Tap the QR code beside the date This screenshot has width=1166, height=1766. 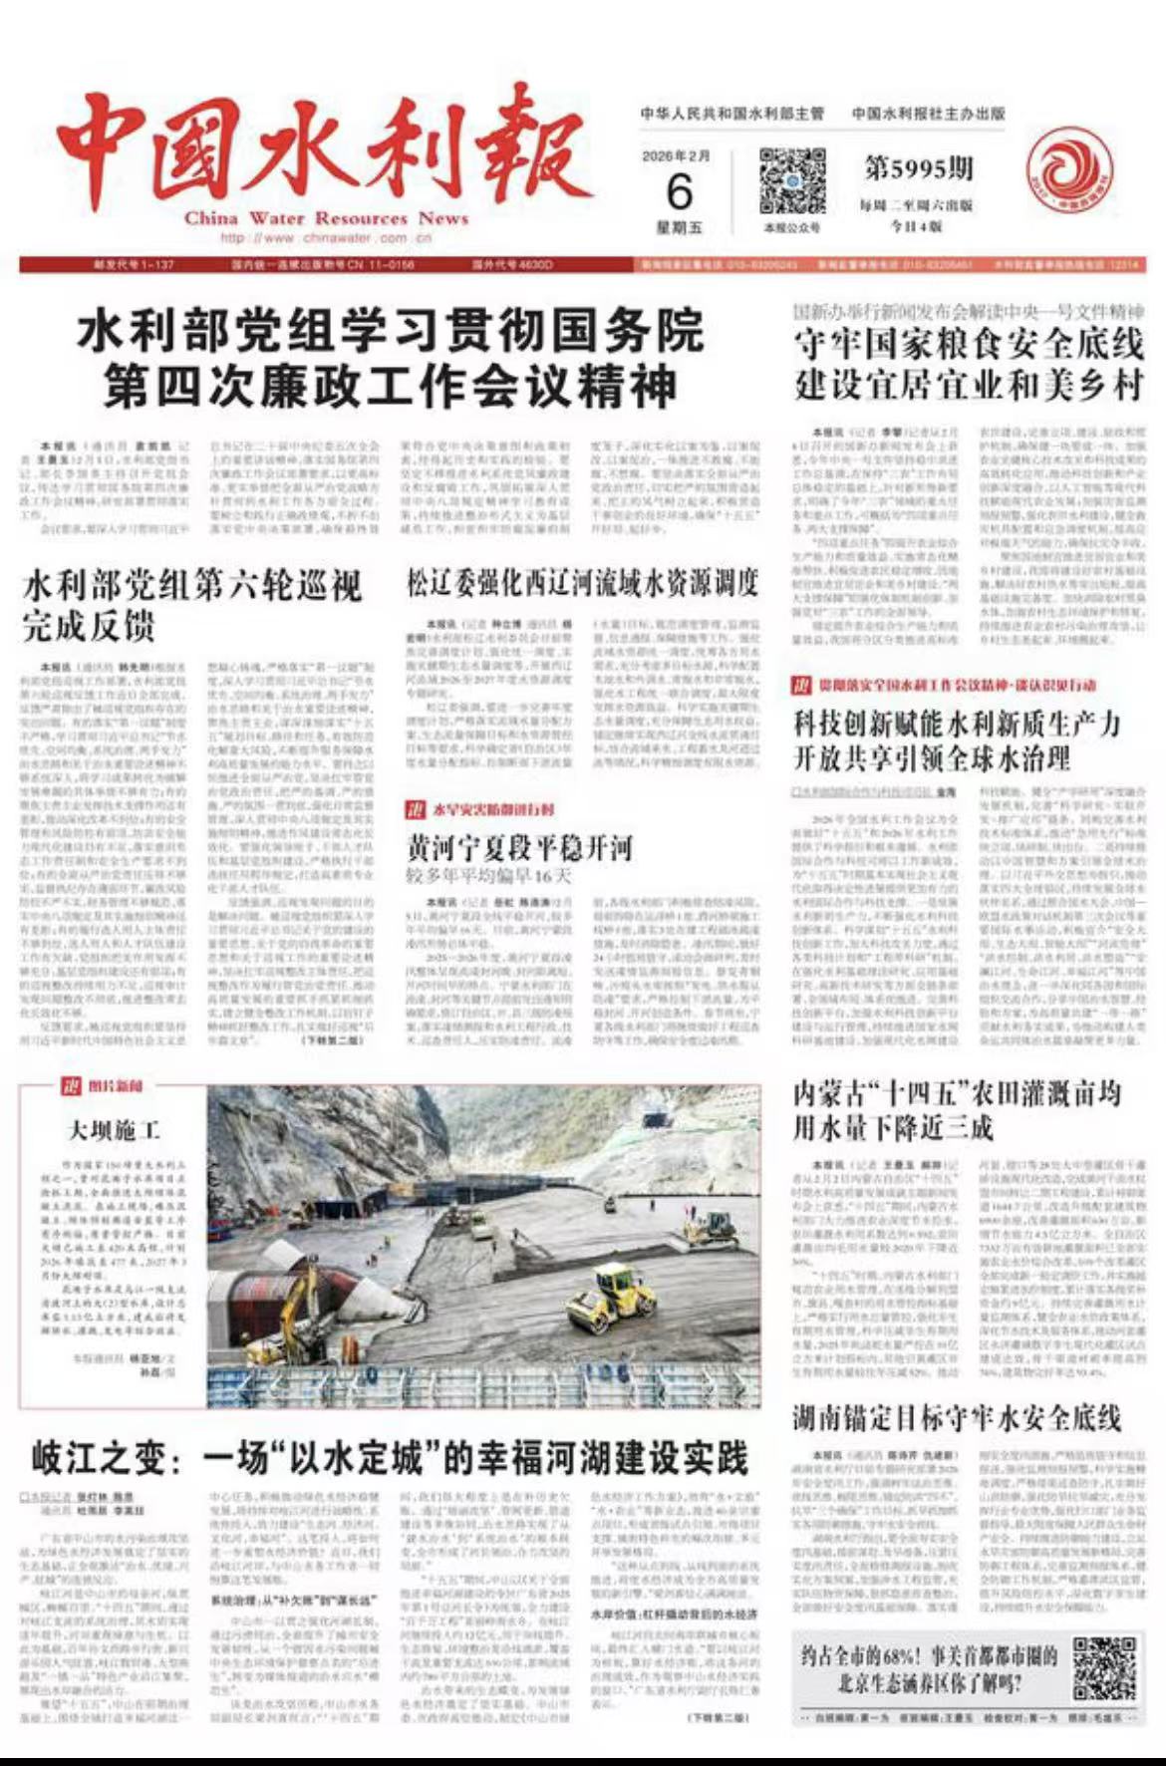click(792, 181)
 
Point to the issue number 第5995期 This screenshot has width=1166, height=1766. click(918, 169)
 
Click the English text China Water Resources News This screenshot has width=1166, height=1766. click(326, 218)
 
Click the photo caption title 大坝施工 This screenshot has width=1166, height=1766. click(114, 1130)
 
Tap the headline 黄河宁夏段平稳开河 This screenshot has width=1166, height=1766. click(519, 848)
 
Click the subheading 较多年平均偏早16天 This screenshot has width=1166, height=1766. click(488, 877)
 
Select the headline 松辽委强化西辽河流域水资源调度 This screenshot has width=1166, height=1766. click(582, 583)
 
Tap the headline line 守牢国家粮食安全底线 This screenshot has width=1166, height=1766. click(969, 346)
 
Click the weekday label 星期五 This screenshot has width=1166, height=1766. click(679, 228)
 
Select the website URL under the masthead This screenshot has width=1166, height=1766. click(326, 238)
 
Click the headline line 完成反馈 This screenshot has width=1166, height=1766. click(89, 626)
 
